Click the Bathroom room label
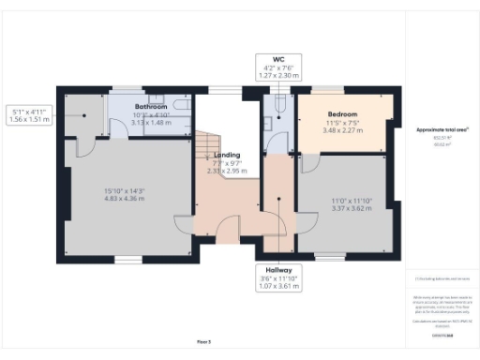(x=150, y=107)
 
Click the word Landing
(x=226, y=155)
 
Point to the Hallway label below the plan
(x=277, y=268)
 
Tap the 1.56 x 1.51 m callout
(x=28, y=120)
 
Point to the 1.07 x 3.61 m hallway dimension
(x=277, y=286)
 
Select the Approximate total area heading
(x=442, y=128)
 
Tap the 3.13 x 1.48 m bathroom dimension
(x=150, y=122)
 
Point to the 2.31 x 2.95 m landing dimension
(x=227, y=172)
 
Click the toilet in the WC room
(x=270, y=105)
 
